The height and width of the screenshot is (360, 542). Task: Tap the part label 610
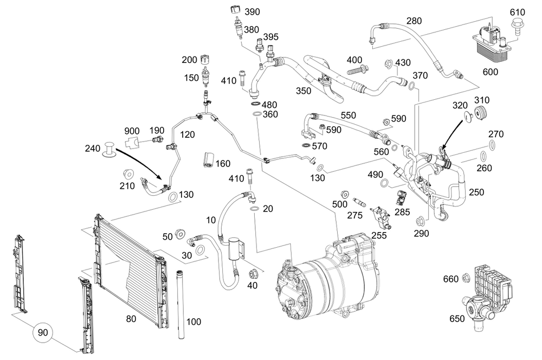point(518,11)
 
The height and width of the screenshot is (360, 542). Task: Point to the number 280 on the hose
point(414,22)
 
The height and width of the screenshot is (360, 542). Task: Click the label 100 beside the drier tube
point(193,322)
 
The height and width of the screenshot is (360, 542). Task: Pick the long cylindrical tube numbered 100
point(180,304)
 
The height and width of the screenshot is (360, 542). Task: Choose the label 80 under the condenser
point(131,319)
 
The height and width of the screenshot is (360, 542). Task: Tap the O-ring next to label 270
point(492,145)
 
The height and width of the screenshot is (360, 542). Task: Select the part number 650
point(457,319)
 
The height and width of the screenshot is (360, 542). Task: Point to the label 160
point(223,164)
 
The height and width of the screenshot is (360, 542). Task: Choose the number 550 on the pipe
point(348,115)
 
